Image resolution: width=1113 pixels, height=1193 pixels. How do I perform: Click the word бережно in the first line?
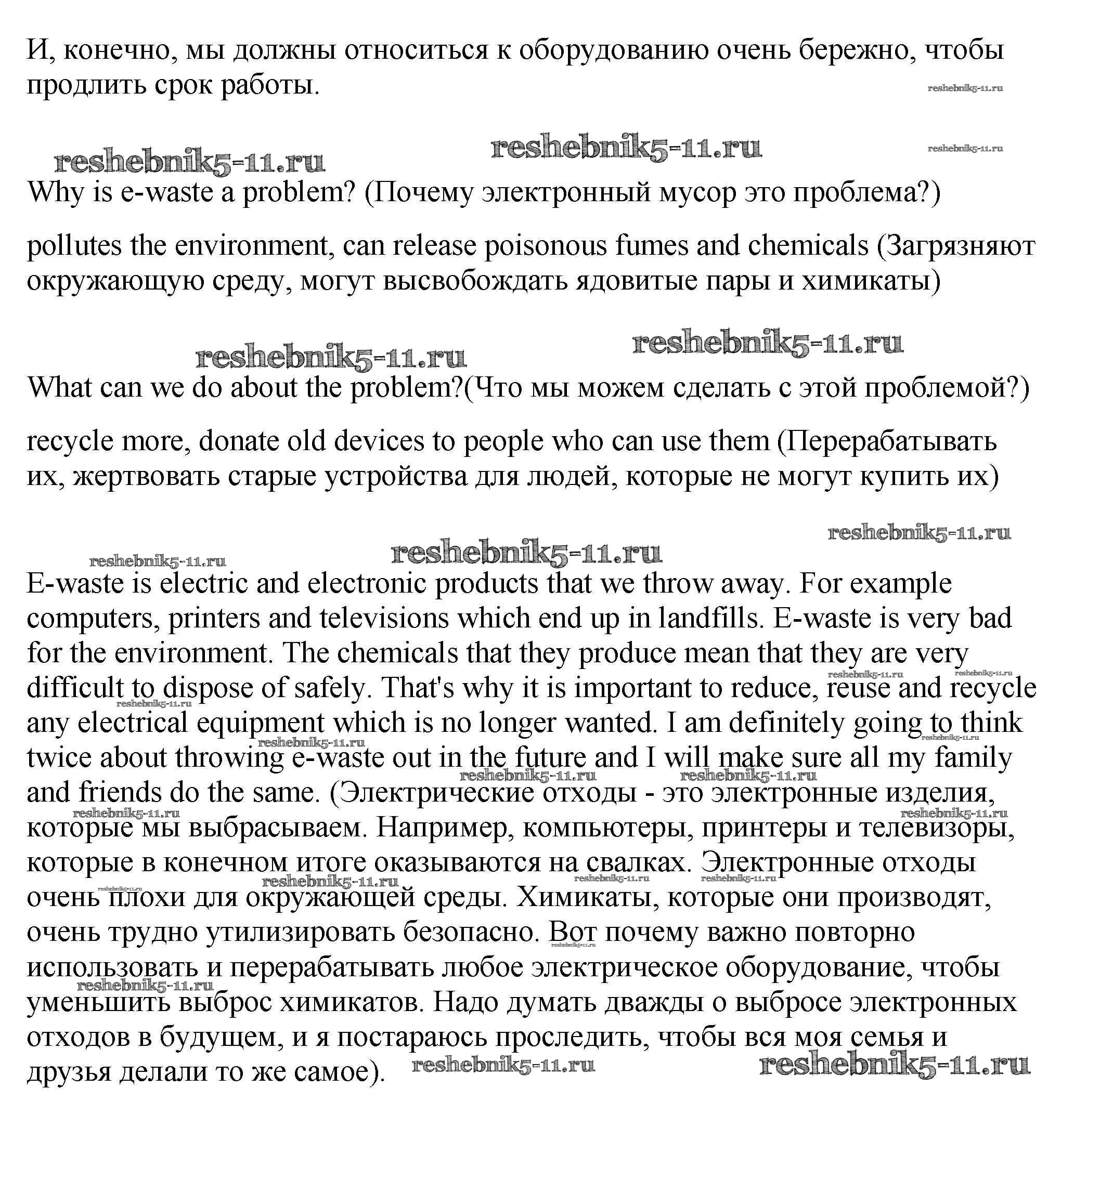coord(847,50)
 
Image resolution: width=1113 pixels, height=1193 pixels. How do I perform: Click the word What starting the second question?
coord(59,388)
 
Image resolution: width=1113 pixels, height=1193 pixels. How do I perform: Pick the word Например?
coord(445,828)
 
